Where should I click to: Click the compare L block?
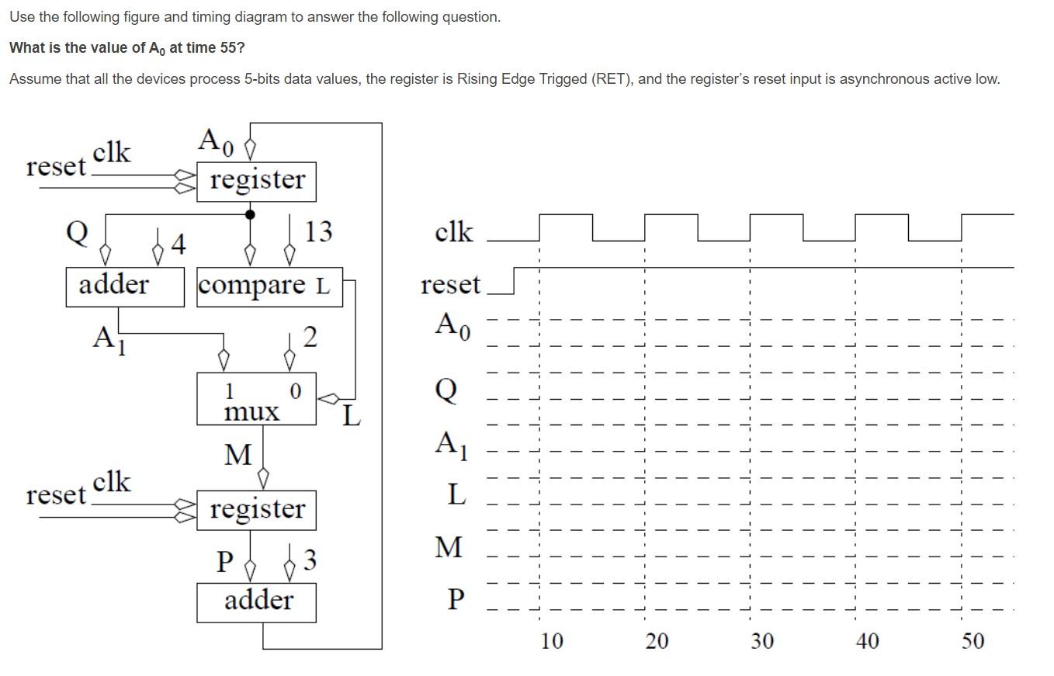pyautogui.click(x=264, y=286)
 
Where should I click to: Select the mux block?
pyautogui.click(x=256, y=399)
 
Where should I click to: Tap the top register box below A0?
pyautogui.click(x=256, y=181)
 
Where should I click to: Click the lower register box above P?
pyautogui.click(x=256, y=510)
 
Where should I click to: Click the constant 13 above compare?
pyautogui.click(x=318, y=231)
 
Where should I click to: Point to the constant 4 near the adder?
pyautogui.click(x=179, y=245)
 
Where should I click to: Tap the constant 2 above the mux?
pyautogui.click(x=310, y=337)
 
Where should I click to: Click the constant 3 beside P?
pyautogui.click(x=310, y=560)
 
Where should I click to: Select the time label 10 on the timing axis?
pyautogui.click(x=552, y=641)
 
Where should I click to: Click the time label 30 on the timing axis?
pyautogui.click(x=762, y=641)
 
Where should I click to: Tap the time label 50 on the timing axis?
pyautogui.click(x=973, y=641)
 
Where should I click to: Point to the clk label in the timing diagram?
pyautogui.click(x=453, y=232)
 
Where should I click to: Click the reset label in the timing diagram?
pyautogui.click(x=450, y=285)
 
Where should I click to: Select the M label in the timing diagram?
pyautogui.click(x=448, y=547)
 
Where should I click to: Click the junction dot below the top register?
pyautogui.click(x=250, y=214)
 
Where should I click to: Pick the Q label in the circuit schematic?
pyautogui.click(x=77, y=231)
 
